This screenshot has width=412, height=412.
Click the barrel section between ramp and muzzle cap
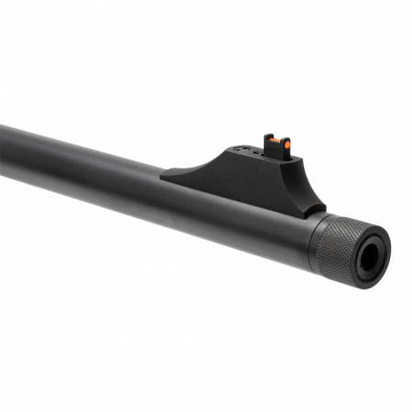click(x=293, y=229)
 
